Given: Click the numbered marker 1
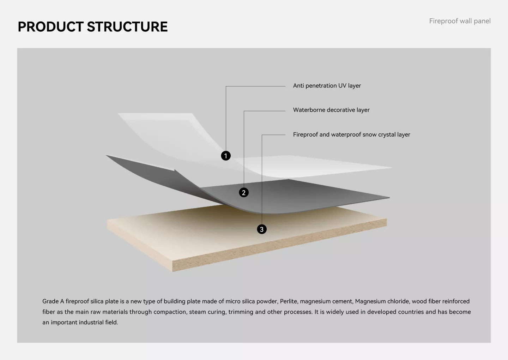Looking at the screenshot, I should pyautogui.click(x=226, y=156).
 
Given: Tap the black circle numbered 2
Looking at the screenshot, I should pyautogui.click(x=244, y=192).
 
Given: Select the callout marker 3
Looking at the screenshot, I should pyautogui.click(x=261, y=229).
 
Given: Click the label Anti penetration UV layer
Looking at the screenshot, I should pyautogui.click(x=327, y=86).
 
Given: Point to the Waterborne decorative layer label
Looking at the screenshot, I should pyautogui.click(x=331, y=110).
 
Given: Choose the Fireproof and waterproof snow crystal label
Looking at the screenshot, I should pyautogui.click(x=351, y=134).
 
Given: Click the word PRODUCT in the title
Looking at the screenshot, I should pyautogui.click(x=50, y=27).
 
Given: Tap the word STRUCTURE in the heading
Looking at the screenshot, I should pyautogui.click(x=127, y=27).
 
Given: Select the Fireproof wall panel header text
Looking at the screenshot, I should pyautogui.click(x=460, y=21).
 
